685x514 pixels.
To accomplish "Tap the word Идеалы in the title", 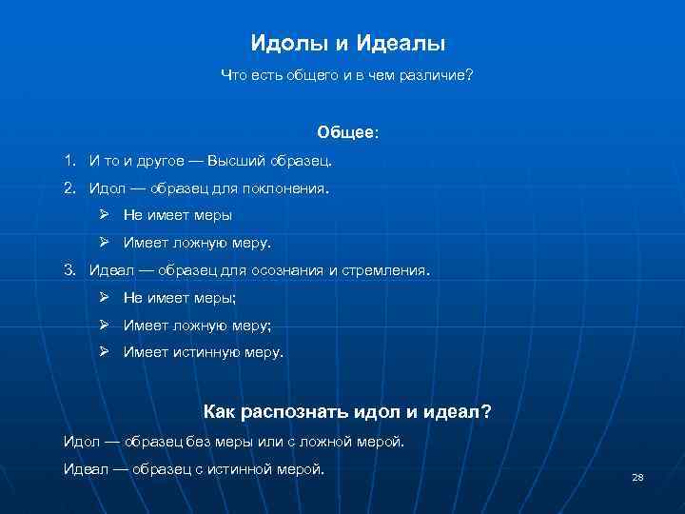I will coord(401,44).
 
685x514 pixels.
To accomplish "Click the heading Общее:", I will coord(347,133).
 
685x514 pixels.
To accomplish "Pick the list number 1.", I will coord(69,161).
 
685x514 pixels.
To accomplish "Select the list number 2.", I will coord(69,188).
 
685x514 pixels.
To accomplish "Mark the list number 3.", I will coord(69,270).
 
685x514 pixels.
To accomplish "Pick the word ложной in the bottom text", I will coord(326,442).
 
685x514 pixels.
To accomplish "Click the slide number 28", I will coord(637,476).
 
